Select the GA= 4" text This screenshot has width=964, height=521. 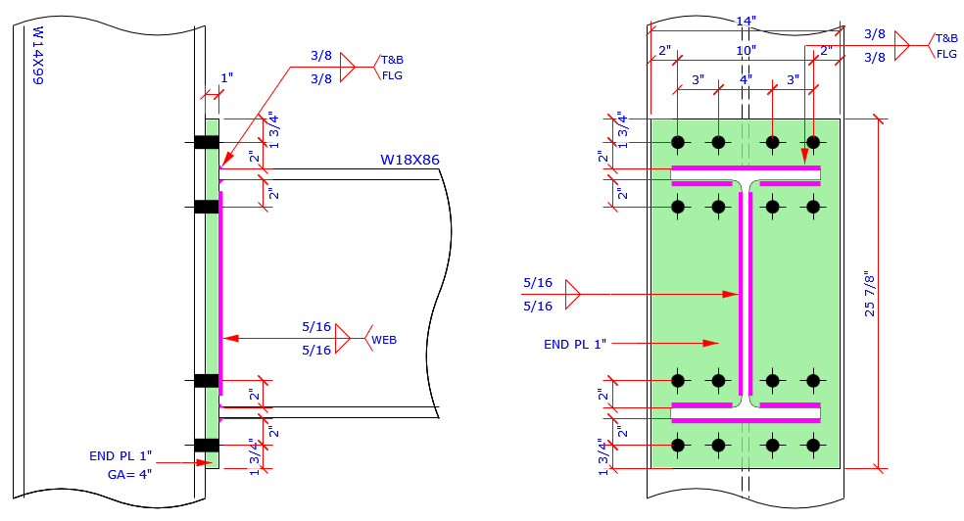pyautogui.click(x=129, y=474)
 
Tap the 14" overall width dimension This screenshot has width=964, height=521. pyautogui.click(x=745, y=22)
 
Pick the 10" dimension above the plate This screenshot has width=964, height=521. pyautogui.click(x=746, y=50)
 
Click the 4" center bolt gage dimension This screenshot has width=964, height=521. pyautogui.click(x=746, y=79)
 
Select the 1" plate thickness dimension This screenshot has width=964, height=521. pyautogui.click(x=226, y=77)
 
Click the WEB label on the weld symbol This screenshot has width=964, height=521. pyautogui.click(x=383, y=340)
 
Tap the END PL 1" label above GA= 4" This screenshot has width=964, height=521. pyautogui.click(x=120, y=455)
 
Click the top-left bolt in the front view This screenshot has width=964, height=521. pyautogui.click(x=677, y=142)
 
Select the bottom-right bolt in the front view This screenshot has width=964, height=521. pyautogui.click(x=812, y=445)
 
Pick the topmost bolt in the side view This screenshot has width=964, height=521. pyautogui.click(x=206, y=142)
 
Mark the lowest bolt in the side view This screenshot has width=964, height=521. pyautogui.click(x=206, y=445)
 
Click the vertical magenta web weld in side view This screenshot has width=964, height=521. pyautogui.click(x=221, y=294)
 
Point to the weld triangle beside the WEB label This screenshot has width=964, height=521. pyautogui.click(x=343, y=339)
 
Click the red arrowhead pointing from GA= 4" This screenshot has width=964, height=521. pyautogui.click(x=207, y=463)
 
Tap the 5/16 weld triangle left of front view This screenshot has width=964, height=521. pyautogui.click(x=573, y=294)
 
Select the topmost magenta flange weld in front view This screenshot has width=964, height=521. pyautogui.click(x=745, y=168)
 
